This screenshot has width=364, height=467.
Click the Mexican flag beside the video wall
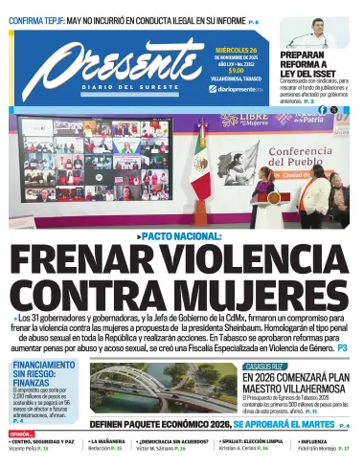click(x=201, y=172)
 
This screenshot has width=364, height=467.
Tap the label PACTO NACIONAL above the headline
click(x=183, y=235)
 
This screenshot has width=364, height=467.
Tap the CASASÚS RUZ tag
click(x=264, y=367)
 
